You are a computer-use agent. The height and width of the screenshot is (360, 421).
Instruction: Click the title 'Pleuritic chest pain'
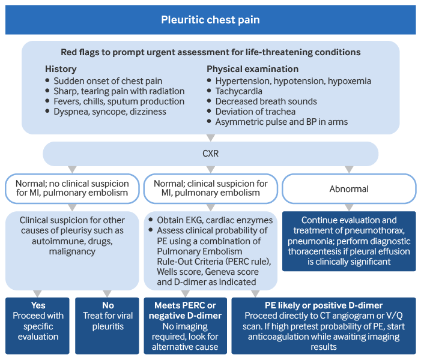[210, 20]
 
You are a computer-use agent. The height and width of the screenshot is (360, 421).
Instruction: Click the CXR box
[210, 154]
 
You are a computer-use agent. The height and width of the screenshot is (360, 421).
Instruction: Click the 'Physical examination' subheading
[252, 69]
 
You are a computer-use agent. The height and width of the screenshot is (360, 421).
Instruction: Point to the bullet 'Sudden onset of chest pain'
[108, 81]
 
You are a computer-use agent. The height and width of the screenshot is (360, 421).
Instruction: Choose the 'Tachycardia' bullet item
[238, 91]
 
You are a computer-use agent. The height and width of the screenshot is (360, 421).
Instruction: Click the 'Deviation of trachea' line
[255, 112]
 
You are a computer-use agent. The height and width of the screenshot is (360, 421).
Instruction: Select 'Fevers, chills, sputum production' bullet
[118, 101]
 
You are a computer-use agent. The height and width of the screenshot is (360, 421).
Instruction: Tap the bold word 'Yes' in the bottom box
[38, 305]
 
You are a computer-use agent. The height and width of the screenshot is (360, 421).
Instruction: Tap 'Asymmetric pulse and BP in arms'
[281, 122]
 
